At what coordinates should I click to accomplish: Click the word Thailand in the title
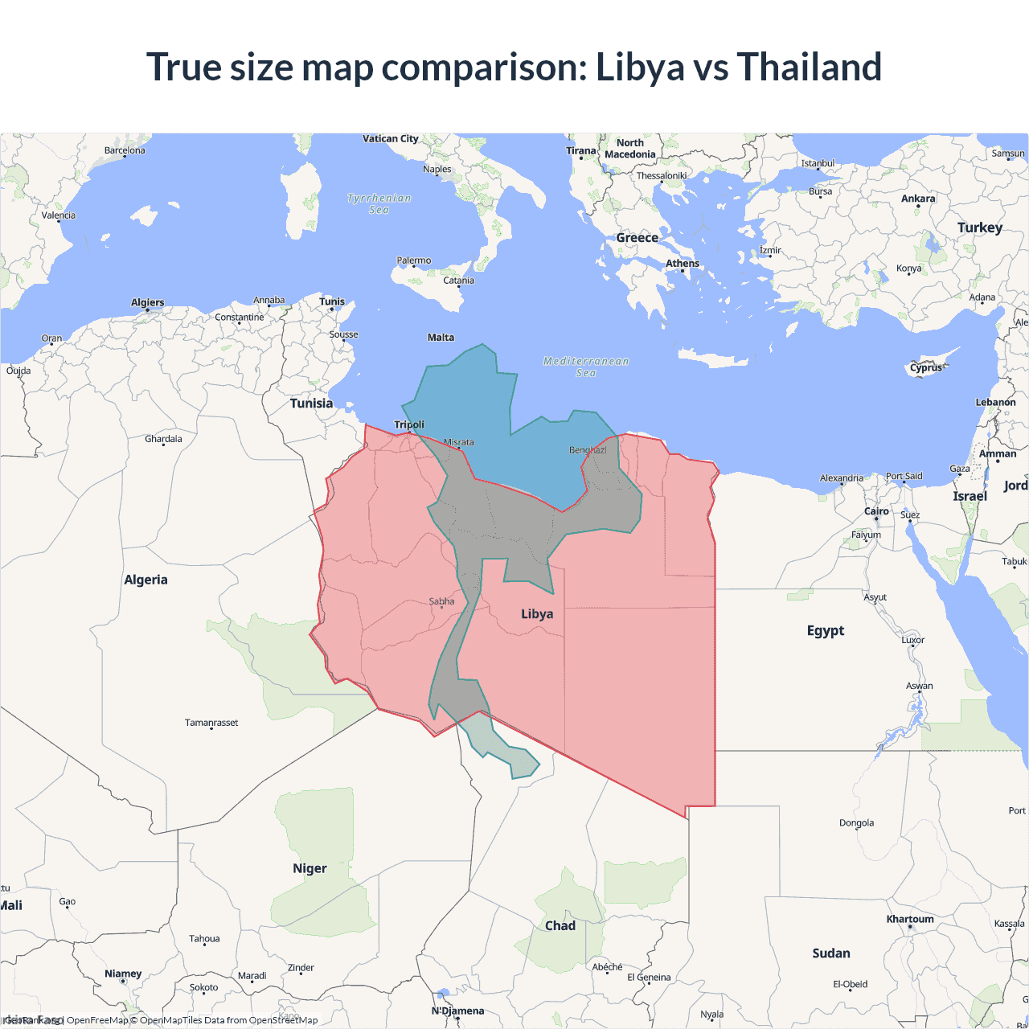809,67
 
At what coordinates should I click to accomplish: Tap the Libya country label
537,614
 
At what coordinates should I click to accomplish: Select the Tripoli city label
409,424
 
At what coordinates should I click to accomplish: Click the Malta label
441,338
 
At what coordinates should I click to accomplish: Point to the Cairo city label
876,511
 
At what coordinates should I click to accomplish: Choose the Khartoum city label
910,919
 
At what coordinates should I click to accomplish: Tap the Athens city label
683,264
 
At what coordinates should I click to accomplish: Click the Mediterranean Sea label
586,367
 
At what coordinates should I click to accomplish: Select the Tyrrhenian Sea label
379,203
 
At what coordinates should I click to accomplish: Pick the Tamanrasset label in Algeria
211,723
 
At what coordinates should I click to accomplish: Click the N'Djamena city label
458,1011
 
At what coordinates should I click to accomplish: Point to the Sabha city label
441,601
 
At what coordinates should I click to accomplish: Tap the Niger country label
310,868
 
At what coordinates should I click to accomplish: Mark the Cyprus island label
926,367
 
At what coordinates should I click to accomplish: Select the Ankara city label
918,199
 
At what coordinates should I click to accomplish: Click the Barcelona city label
125,150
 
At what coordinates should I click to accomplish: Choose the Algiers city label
147,302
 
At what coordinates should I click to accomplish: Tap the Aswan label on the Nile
920,686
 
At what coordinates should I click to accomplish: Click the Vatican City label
391,138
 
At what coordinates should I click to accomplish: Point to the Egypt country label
826,630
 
